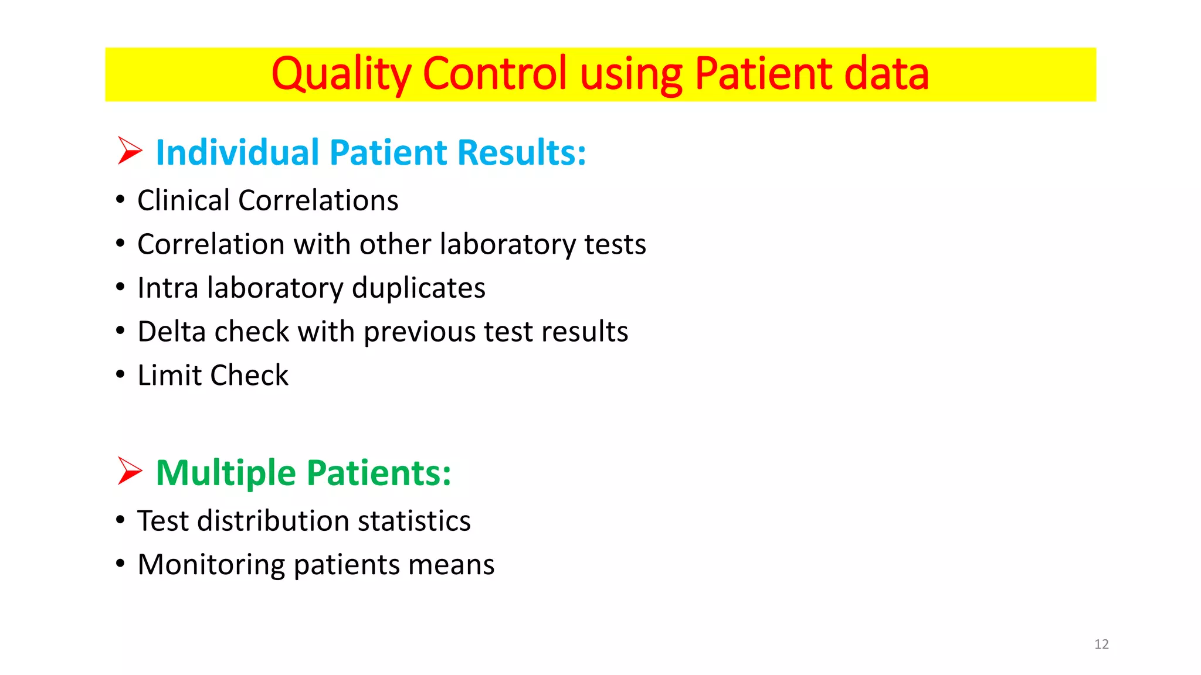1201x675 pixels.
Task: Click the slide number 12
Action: point(1101,644)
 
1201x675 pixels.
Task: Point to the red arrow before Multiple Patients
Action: point(130,471)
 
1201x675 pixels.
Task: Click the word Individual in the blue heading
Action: point(237,153)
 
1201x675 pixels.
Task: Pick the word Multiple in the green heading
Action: point(225,473)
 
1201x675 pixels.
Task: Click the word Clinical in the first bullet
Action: point(183,200)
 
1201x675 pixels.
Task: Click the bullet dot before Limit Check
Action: point(120,374)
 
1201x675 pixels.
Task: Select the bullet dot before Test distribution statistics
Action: point(120,520)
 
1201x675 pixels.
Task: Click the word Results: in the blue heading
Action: point(521,153)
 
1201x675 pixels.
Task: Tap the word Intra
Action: point(168,288)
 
